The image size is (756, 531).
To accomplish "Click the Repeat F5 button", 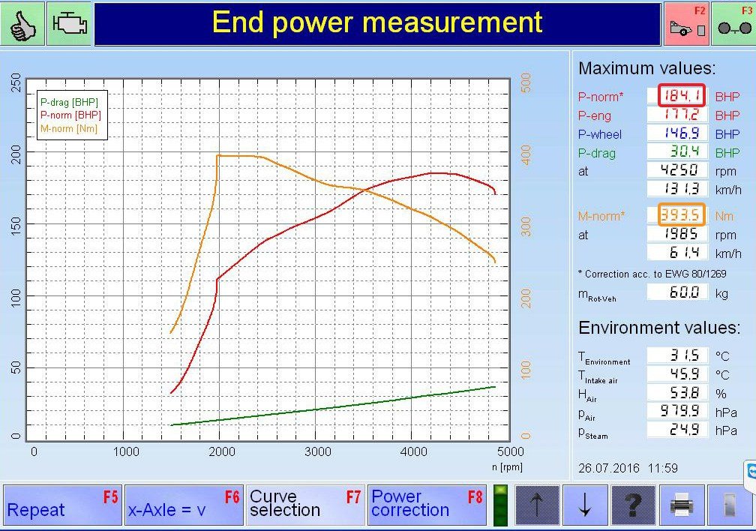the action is pyautogui.click(x=62, y=505).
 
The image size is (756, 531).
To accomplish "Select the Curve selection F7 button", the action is pyautogui.click(x=306, y=505).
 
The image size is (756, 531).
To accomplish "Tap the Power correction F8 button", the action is pyautogui.click(x=427, y=505).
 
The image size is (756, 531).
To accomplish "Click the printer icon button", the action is pyautogui.click(x=682, y=505).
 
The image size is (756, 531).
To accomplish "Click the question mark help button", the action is pyautogui.click(x=634, y=505).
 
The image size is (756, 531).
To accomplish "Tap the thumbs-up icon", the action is pyautogui.click(x=22, y=23).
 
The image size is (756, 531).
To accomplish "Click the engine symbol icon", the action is pyautogui.click(x=70, y=23).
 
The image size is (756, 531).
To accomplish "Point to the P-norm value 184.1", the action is pyautogui.click(x=681, y=95).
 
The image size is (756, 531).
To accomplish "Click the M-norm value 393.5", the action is pyautogui.click(x=681, y=214).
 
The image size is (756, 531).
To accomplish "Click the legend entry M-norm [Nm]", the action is pyautogui.click(x=69, y=129).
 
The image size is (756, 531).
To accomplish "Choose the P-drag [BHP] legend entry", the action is pyautogui.click(x=69, y=102).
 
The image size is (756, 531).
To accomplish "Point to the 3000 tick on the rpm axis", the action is pyautogui.click(x=318, y=452).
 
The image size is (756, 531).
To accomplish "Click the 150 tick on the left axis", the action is pyautogui.click(x=16, y=225).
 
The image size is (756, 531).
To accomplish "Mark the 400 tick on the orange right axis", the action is pyautogui.click(x=526, y=154).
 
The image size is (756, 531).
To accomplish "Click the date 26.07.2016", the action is pyautogui.click(x=608, y=468).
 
